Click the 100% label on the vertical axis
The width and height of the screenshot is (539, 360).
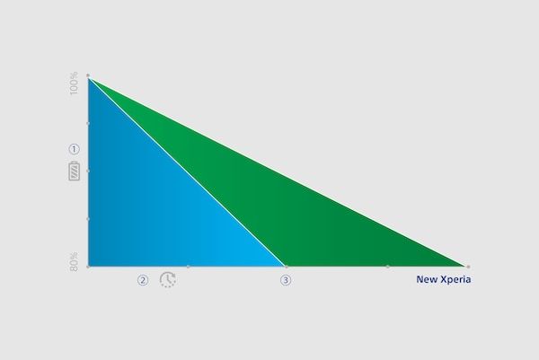click(x=74, y=83)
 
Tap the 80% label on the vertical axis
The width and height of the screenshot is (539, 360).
click(x=74, y=262)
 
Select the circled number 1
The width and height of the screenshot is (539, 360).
click(x=74, y=149)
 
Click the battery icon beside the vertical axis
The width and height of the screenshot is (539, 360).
click(x=75, y=171)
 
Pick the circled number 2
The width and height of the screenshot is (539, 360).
click(x=143, y=280)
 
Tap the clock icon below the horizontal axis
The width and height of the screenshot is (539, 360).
click(x=168, y=279)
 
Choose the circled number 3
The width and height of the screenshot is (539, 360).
click(x=286, y=280)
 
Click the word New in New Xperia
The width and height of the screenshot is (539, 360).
click(x=426, y=279)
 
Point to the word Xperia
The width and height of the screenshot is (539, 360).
click(x=455, y=280)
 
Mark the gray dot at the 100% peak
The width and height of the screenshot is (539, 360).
click(x=88, y=75)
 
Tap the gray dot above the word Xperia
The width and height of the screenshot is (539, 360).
click(x=468, y=267)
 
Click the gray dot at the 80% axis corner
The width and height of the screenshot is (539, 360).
click(x=88, y=267)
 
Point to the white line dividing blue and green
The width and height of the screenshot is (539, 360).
click(x=188, y=172)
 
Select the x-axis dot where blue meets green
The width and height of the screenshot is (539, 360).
click(x=287, y=267)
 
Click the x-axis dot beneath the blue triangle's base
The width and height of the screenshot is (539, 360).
click(x=188, y=267)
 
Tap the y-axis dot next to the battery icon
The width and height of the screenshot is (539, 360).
click(x=88, y=171)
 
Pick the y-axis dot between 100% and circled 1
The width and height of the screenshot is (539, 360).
click(x=88, y=123)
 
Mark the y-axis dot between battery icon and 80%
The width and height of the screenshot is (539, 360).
click(x=88, y=219)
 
